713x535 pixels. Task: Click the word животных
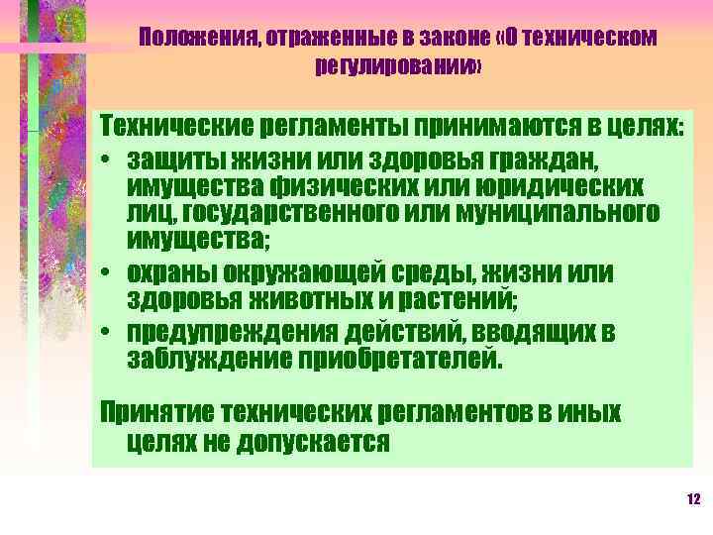coord(315,298)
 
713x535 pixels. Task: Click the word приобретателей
coord(404,358)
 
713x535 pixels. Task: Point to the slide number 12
coord(692,498)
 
